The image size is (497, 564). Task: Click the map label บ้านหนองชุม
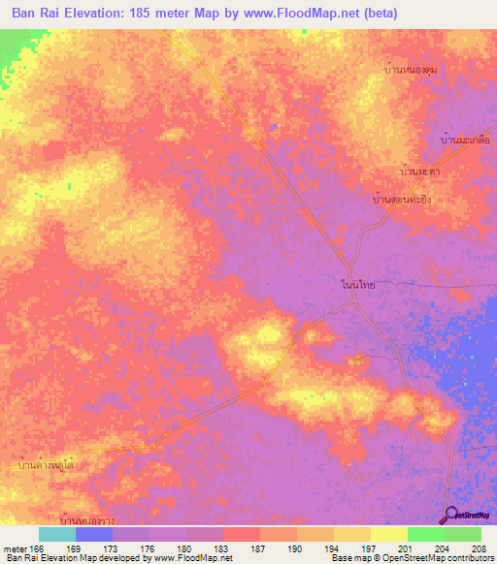click(x=411, y=71)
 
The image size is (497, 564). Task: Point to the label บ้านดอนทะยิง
click(x=403, y=199)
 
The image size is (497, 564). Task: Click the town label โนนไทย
click(x=358, y=287)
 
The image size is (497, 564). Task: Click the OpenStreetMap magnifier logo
click(x=451, y=516)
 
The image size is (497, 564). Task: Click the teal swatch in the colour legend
click(x=57, y=534)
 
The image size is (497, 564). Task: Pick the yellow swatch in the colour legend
click(x=388, y=534)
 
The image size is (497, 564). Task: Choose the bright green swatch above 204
click(x=425, y=534)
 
